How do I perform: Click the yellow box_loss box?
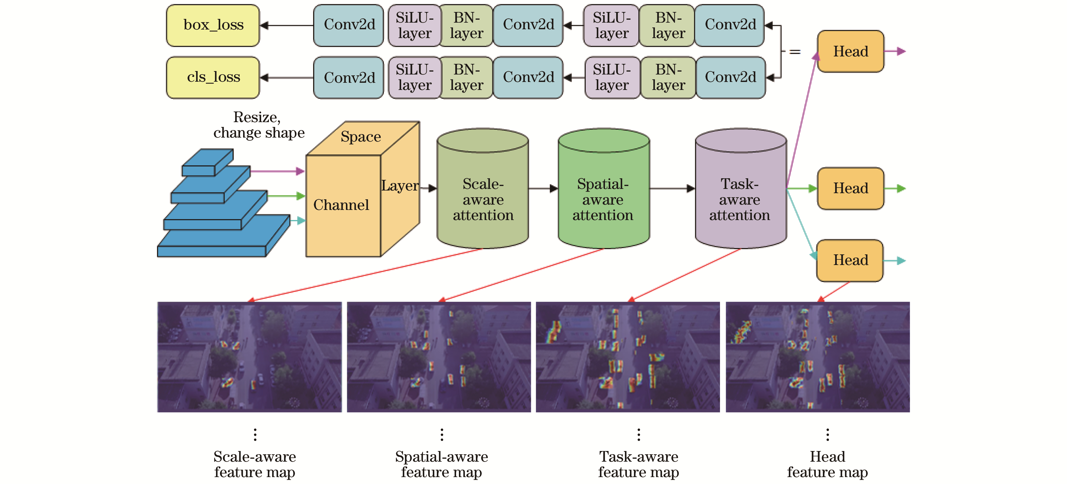[213, 25]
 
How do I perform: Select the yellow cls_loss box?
[213, 77]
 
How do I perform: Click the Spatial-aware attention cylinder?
[603, 195]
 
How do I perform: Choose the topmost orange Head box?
[850, 51]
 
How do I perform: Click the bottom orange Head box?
[850, 260]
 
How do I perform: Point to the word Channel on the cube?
[341, 205]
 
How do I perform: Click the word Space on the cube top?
[360, 137]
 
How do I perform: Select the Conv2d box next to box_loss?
[349, 25]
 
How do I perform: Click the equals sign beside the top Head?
[794, 52]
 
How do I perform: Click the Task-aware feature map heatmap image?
[628, 357]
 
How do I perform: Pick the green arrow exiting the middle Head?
[895, 189]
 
